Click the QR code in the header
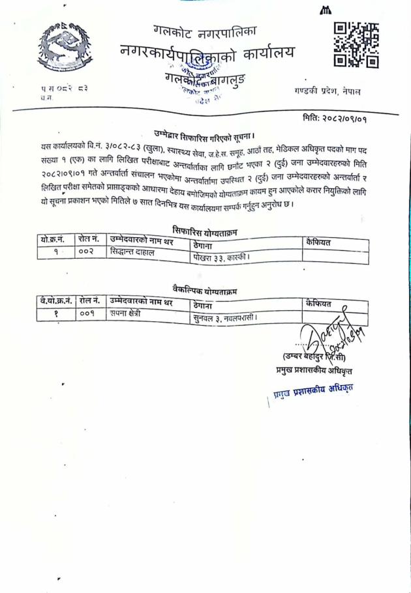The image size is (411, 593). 356,45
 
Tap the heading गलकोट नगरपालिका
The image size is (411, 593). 206,30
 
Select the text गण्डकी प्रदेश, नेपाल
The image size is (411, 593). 327,92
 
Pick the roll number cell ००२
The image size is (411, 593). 87,252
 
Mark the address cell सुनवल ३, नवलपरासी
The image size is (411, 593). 225,317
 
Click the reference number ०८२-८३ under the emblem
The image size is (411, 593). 73,87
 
